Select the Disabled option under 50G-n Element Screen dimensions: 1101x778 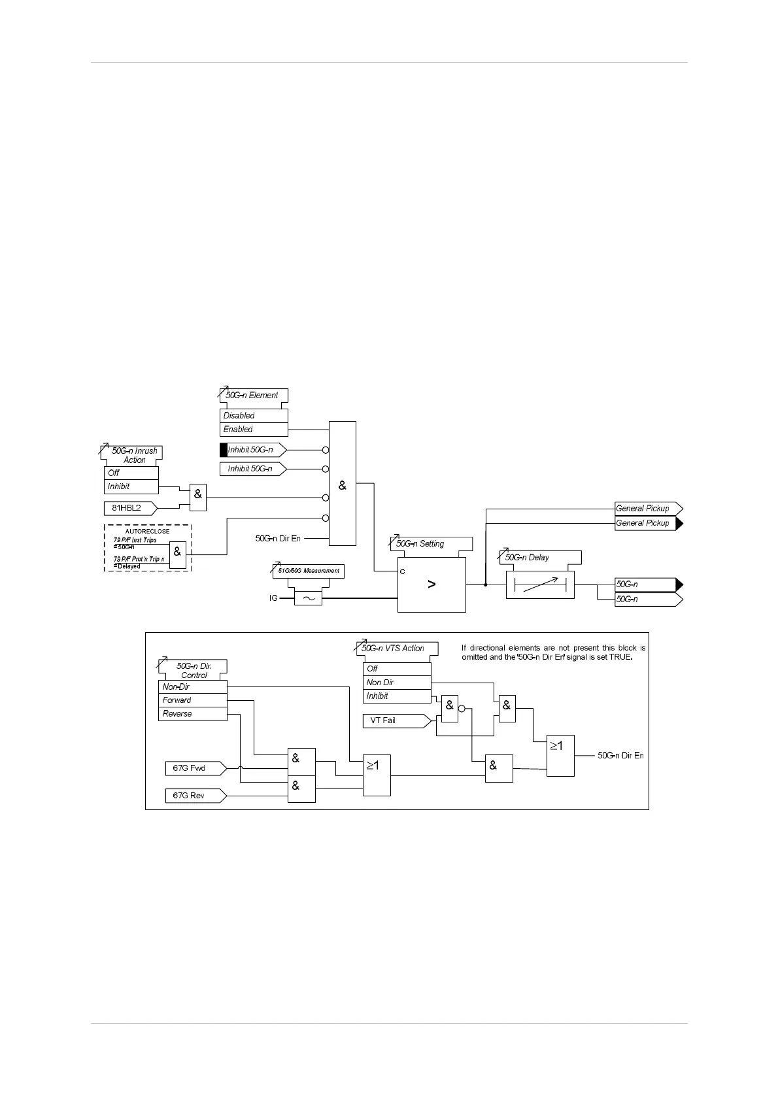click(254, 416)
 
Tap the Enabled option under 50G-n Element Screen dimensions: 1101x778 click(254, 430)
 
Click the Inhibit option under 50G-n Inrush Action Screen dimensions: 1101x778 click(131, 486)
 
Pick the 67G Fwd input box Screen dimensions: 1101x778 click(194, 768)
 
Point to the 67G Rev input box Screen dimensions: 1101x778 click(194, 796)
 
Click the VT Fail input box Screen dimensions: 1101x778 click(396, 720)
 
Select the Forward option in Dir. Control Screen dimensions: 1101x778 click(192, 700)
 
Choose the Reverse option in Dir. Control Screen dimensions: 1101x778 click(192, 714)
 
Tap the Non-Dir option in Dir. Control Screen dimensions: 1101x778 click(192, 687)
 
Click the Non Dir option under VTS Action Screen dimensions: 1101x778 click(397, 683)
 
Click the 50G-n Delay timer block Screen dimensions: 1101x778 click(540, 584)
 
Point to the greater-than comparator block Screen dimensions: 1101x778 click(431, 584)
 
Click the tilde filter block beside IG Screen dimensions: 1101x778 click(308, 598)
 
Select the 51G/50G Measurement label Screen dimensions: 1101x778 click(309, 571)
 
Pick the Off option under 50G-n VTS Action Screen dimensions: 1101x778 click(397, 669)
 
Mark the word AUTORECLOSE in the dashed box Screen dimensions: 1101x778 click(148, 532)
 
